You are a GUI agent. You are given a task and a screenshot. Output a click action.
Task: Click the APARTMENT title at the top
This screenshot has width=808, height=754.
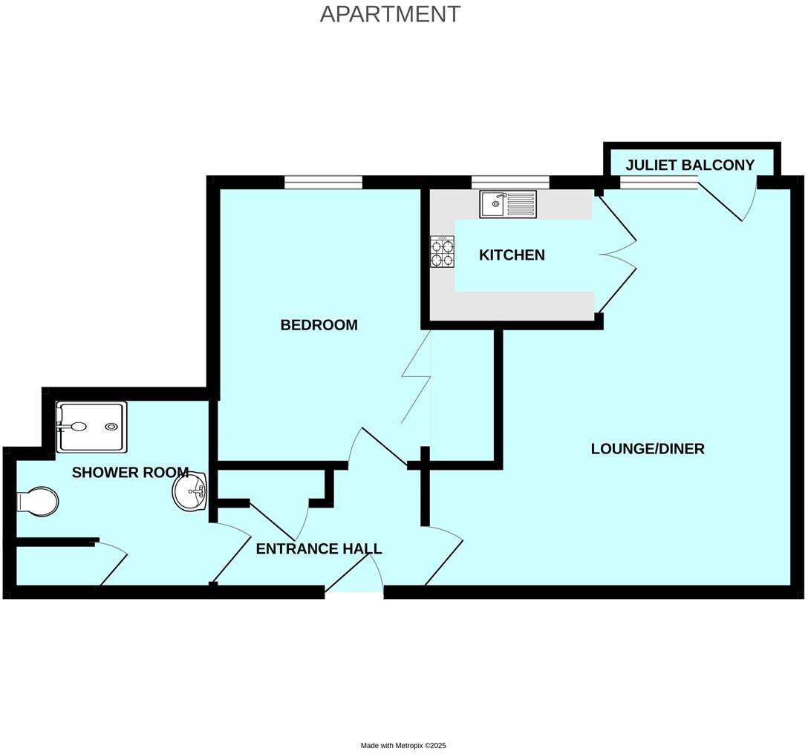click(390, 14)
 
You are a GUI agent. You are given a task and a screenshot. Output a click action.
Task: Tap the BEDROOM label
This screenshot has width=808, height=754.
click(319, 325)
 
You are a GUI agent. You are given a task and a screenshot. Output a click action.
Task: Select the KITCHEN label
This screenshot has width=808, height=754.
click(512, 255)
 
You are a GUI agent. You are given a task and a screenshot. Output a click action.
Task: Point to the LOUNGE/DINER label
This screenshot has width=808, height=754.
click(648, 449)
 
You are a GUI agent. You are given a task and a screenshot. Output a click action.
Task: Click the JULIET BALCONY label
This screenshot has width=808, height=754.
click(690, 165)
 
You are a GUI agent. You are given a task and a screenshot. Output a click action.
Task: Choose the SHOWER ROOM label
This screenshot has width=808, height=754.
click(129, 473)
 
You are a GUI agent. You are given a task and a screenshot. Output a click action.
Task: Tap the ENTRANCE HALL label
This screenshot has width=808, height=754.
click(319, 549)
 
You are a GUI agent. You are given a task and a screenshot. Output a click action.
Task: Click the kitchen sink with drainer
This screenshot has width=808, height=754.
click(508, 204)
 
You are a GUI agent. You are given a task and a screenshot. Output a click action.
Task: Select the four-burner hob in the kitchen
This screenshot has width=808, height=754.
click(443, 252)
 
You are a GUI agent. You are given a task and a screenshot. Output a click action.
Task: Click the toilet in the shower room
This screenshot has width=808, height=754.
click(38, 501)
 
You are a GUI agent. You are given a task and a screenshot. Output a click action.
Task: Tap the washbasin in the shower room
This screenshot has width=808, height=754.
click(190, 493)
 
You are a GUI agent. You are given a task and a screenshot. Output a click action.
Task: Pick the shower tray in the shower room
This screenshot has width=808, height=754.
click(92, 427)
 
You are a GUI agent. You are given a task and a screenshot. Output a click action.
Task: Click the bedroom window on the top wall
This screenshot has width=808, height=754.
click(323, 183)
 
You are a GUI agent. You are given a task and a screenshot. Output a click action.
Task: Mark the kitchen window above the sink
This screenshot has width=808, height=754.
click(510, 183)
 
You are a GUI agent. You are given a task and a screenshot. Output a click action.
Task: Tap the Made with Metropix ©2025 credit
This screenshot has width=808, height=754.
click(403, 746)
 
